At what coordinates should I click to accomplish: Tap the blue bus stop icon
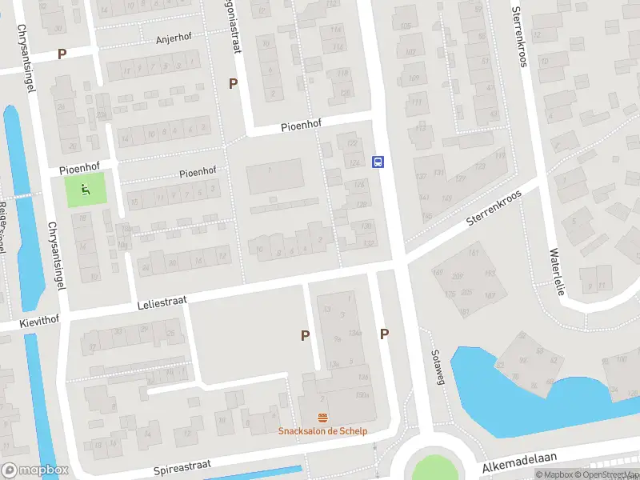pos(378,162)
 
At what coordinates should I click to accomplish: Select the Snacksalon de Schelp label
pos(322,430)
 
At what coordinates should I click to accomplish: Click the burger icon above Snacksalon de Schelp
pos(322,418)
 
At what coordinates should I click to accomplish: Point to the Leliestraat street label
pos(162,301)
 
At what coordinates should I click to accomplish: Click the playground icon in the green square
pos(86,190)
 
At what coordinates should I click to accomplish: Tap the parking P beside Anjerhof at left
pos(62,54)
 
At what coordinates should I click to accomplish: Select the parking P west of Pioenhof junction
pos(234,83)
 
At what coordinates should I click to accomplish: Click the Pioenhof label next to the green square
pos(79,170)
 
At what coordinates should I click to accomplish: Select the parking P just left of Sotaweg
pos(385,334)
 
